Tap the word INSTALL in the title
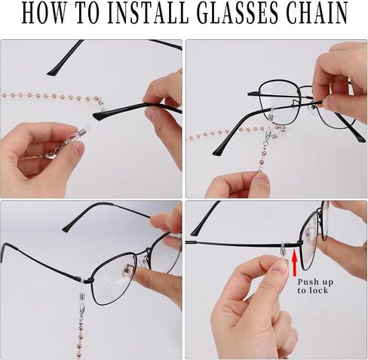148,13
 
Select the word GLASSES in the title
239,13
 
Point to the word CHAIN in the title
317,13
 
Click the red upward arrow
294,263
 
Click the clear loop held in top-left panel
81,131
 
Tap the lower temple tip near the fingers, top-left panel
100,115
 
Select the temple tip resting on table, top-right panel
219,152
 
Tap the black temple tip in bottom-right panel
195,232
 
